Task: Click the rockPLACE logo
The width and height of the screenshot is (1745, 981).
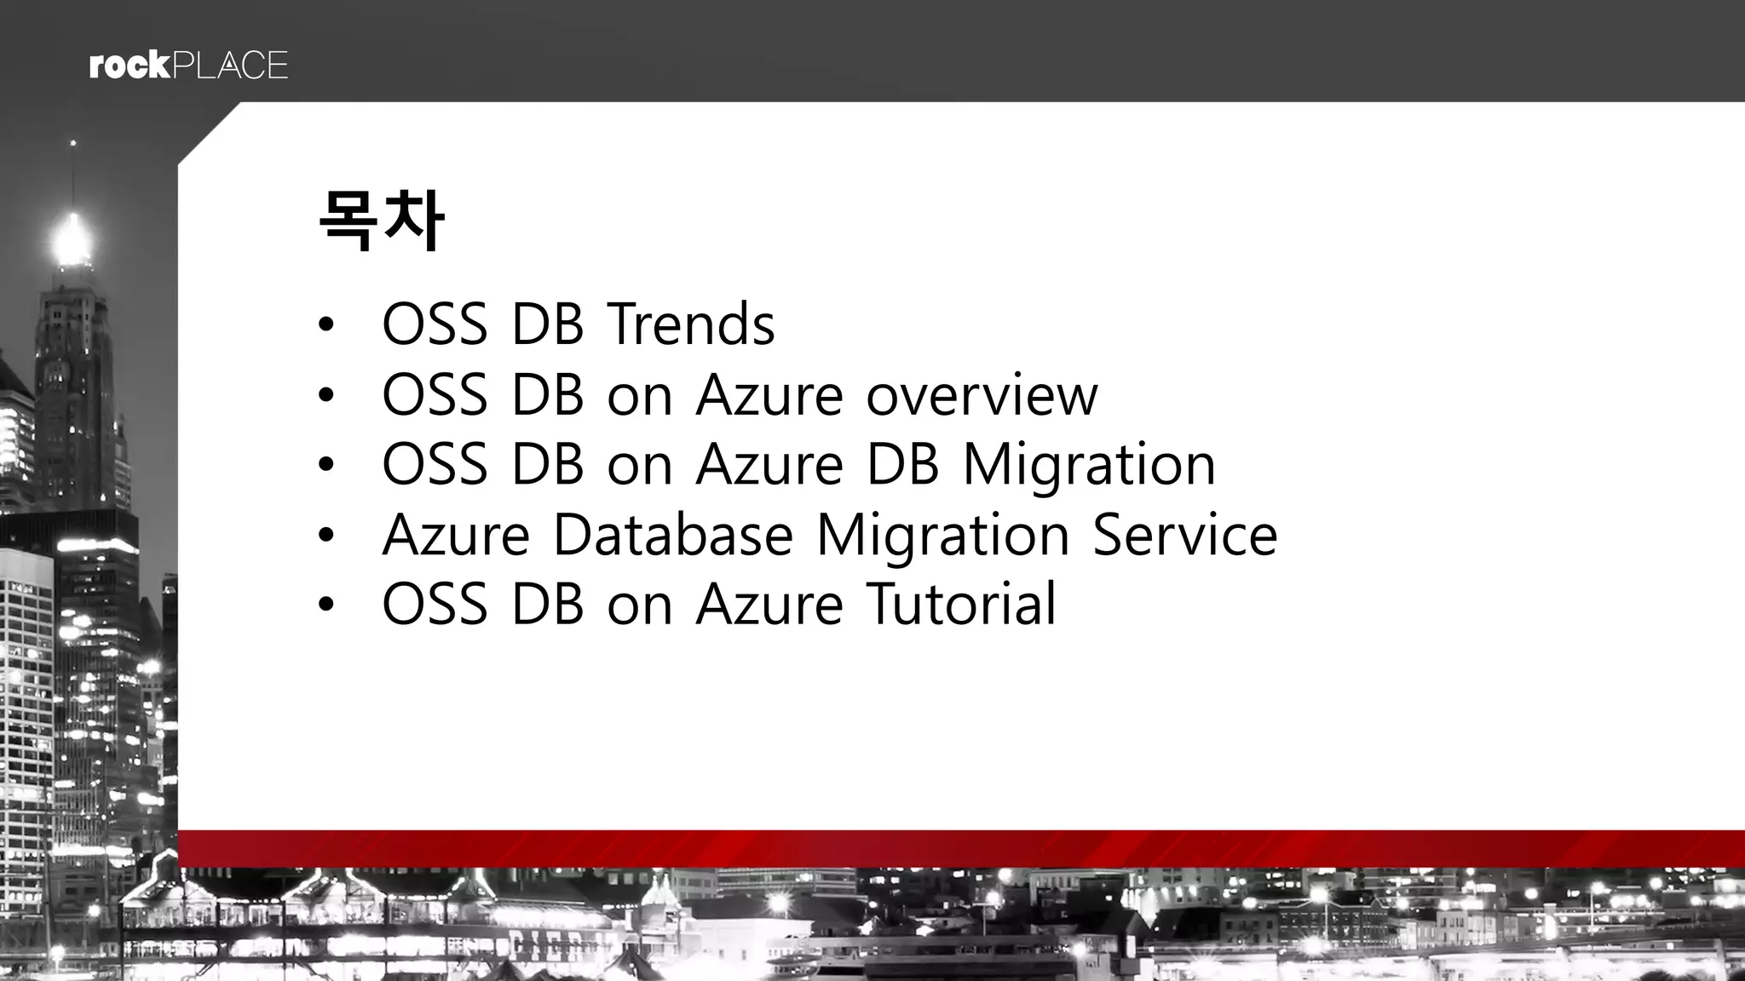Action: click(188, 66)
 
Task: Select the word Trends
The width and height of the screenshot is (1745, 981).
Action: click(690, 324)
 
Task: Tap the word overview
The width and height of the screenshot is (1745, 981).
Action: click(982, 395)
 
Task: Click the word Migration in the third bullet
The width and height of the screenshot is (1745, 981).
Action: click(1089, 466)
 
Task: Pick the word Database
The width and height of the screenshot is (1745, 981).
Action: click(673, 535)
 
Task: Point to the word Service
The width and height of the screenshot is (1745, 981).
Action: click(1184, 535)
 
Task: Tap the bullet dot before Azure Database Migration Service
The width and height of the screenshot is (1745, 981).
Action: click(325, 536)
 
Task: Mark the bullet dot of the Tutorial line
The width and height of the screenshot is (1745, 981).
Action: click(325, 605)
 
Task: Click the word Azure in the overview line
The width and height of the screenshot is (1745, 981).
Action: click(769, 395)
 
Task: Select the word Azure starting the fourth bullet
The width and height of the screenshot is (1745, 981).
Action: click(456, 535)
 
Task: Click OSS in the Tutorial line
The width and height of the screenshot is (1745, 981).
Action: click(435, 604)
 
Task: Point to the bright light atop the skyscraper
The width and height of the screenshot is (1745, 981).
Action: click(72, 239)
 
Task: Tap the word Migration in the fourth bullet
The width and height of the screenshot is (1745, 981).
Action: click(942, 536)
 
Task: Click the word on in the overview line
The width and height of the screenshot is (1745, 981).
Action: click(640, 397)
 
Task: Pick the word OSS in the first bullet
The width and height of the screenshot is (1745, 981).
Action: click(435, 324)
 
